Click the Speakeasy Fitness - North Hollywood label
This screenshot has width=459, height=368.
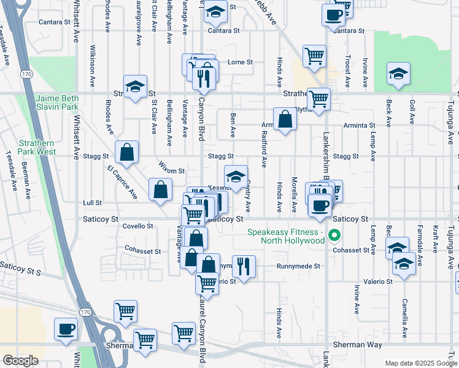285,236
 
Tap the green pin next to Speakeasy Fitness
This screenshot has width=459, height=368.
334,234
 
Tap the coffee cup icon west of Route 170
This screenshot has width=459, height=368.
65,329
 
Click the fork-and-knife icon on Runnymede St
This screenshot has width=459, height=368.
244,267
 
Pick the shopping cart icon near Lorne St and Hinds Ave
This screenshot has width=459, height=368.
314,55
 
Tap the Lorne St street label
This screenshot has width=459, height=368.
241,63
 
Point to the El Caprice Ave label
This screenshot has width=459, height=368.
122,182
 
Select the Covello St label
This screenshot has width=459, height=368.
137,226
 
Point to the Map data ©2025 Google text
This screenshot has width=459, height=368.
420,363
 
